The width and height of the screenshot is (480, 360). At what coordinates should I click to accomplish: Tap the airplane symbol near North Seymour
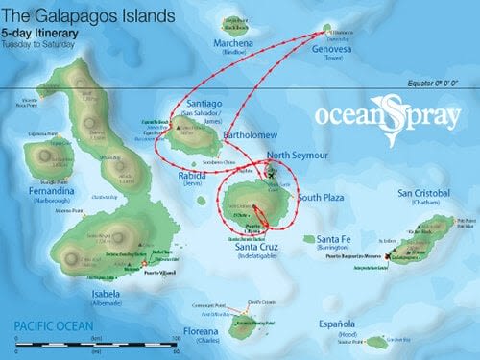(x=273, y=174)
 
